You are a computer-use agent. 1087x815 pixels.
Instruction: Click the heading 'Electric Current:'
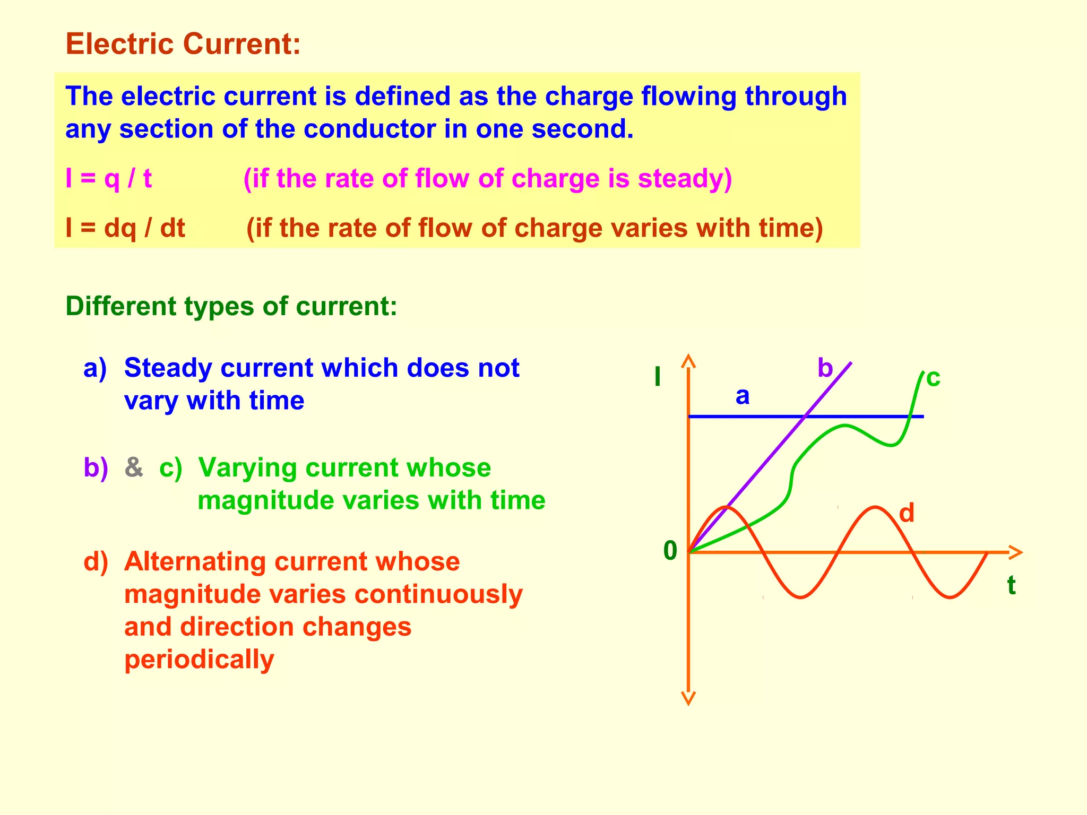click(x=183, y=44)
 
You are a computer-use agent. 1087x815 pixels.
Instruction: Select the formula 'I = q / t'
click(x=108, y=178)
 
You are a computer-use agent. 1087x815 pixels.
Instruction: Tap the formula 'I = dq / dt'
click(x=125, y=228)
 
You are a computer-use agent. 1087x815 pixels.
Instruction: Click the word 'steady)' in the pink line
click(x=685, y=178)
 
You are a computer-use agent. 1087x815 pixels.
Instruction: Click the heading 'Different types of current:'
click(x=231, y=307)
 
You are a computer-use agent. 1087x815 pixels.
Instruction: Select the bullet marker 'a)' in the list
click(x=95, y=368)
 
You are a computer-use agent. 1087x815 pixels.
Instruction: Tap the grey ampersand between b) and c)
click(x=134, y=467)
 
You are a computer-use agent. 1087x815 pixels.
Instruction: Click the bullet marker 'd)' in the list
click(x=96, y=561)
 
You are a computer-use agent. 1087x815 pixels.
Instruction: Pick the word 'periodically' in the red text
click(x=199, y=660)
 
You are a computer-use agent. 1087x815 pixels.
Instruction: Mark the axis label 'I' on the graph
click(x=658, y=377)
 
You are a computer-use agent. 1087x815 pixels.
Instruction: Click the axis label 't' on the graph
click(x=1011, y=586)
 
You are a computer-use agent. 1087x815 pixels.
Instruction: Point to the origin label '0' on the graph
click(x=670, y=551)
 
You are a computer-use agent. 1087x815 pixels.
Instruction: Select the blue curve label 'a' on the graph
click(x=743, y=396)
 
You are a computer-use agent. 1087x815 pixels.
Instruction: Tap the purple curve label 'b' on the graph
click(x=825, y=368)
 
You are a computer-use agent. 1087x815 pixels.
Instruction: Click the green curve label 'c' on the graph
click(x=933, y=378)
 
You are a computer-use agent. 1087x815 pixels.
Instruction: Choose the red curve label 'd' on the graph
click(x=907, y=514)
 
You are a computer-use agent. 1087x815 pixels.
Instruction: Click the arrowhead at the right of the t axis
click(x=1015, y=552)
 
